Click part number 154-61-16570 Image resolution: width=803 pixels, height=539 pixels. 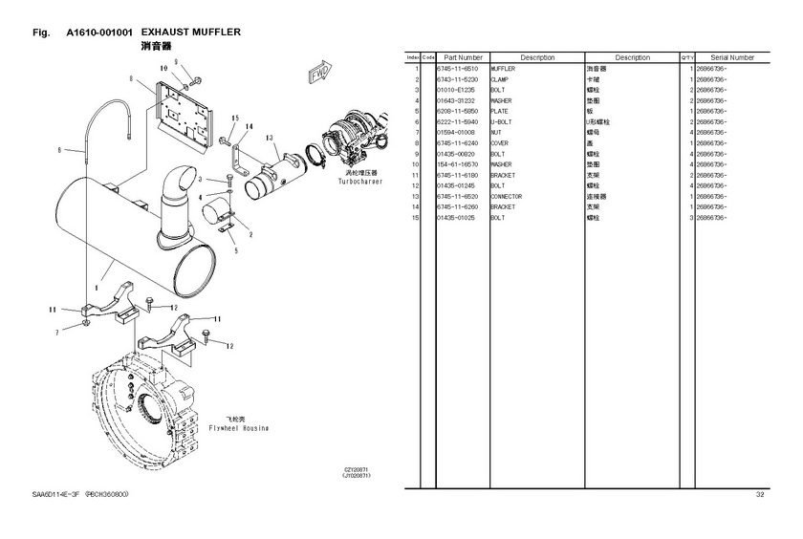pyautogui.click(x=458, y=164)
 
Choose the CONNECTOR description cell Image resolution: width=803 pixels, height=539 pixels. pyautogui.click(x=507, y=197)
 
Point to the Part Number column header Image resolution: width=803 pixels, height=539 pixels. pyautogui.click(x=463, y=57)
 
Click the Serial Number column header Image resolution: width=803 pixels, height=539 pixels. pyautogui.click(x=732, y=57)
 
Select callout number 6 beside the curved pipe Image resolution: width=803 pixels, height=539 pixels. pyautogui.click(x=58, y=149)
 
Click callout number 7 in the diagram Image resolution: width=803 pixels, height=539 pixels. pyautogui.click(x=57, y=332)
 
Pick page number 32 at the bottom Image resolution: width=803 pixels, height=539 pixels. pyautogui.click(x=760, y=494)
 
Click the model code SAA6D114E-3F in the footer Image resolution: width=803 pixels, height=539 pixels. pyautogui.click(x=56, y=494)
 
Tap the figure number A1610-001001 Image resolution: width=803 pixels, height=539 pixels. pyautogui.click(x=99, y=32)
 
